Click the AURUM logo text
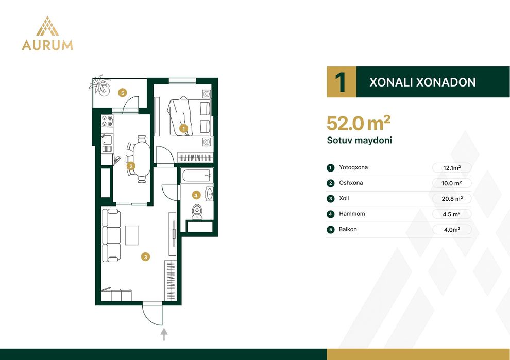click(x=47, y=45)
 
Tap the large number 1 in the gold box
click(x=341, y=82)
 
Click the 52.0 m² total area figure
click(x=359, y=123)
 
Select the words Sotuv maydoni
click(x=360, y=140)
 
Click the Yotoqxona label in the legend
click(x=353, y=167)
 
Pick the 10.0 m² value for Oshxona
click(x=451, y=183)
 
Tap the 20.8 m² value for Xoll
click(x=452, y=199)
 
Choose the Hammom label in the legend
click(x=352, y=214)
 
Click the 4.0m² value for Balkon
click(x=452, y=230)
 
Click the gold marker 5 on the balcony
click(x=122, y=93)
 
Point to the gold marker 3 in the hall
click(x=145, y=257)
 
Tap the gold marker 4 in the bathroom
click(x=196, y=195)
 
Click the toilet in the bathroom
click(x=197, y=212)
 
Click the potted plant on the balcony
click(x=100, y=85)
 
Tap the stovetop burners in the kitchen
click(x=107, y=121)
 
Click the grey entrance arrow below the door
click(x=164, y=334)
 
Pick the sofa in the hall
click(x=111, y=235)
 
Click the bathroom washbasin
click(x=210, y=194)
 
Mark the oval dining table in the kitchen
click(x=142, y=159)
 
